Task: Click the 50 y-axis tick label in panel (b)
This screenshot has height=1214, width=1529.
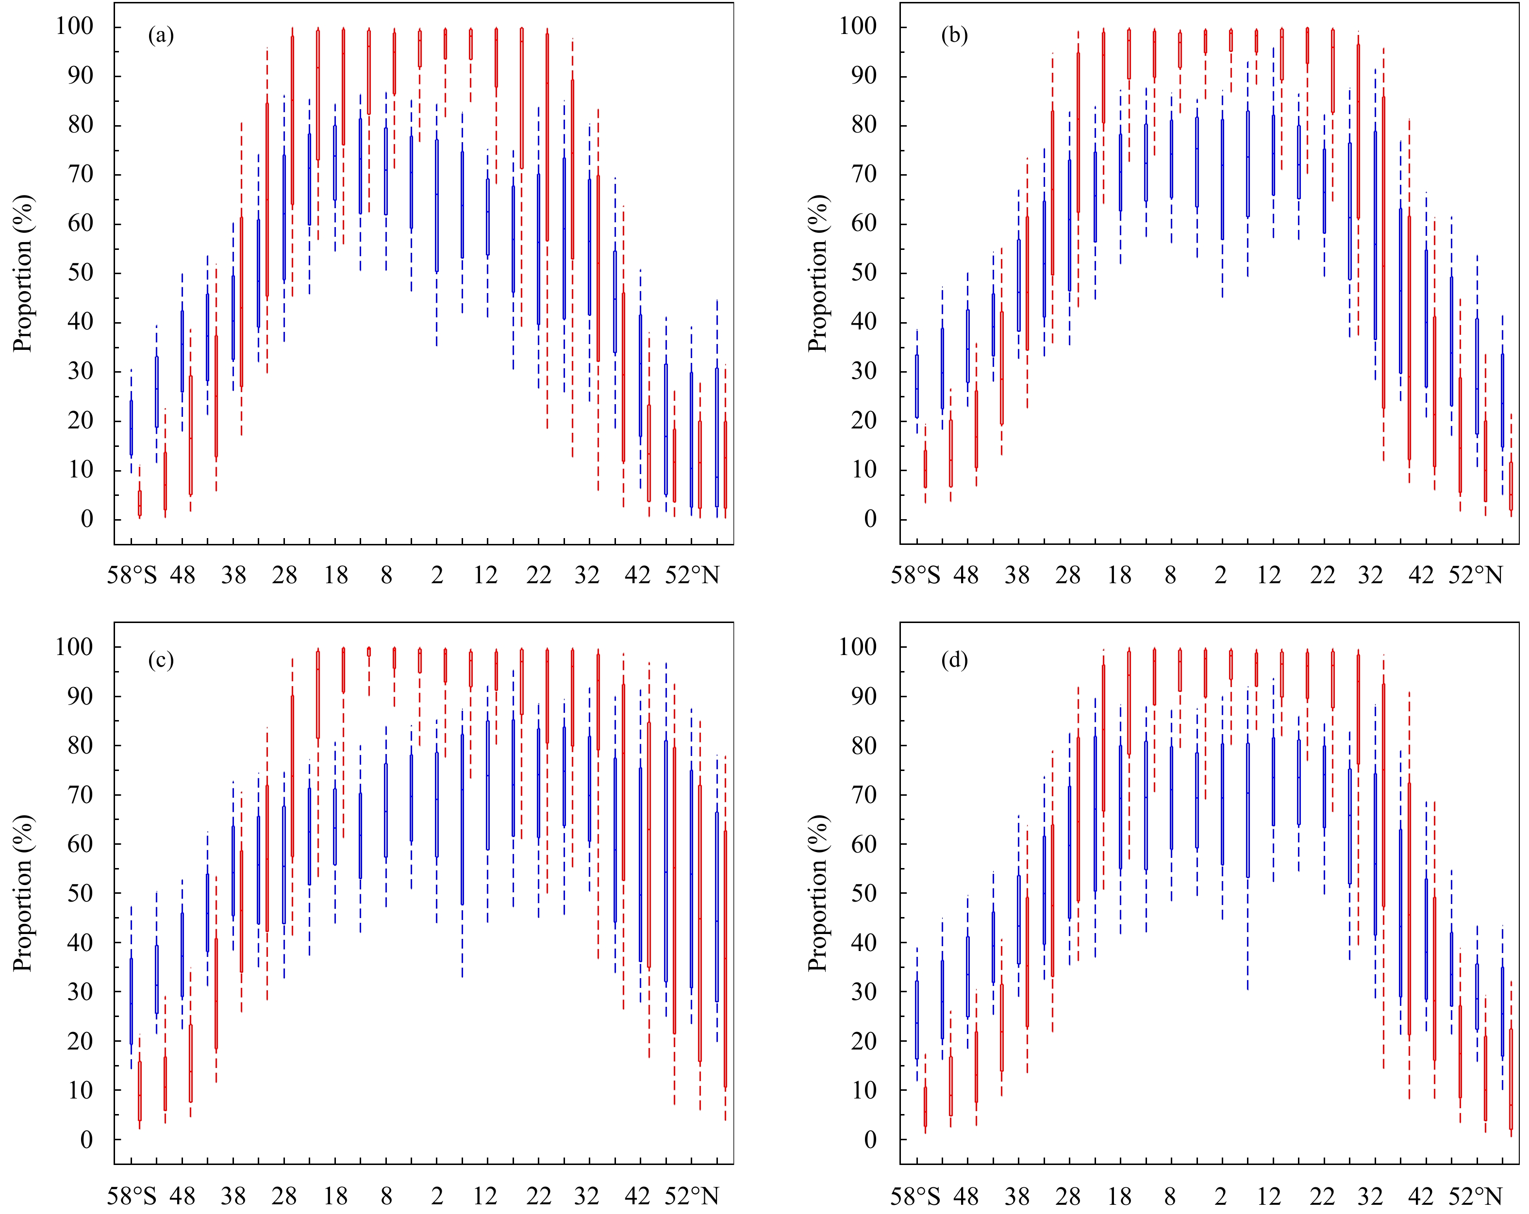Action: pos(863,273)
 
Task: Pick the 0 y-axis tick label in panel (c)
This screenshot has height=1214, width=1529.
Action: pos(86,1140)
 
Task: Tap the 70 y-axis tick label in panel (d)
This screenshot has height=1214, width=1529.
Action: pos(863,795)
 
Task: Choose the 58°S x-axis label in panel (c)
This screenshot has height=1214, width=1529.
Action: pos(132,1197)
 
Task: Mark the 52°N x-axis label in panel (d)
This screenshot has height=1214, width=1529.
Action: pos(1475,1197)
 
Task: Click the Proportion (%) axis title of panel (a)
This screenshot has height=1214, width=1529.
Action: pos(23,273)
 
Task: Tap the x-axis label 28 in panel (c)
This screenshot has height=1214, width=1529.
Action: pos(284,1197)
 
